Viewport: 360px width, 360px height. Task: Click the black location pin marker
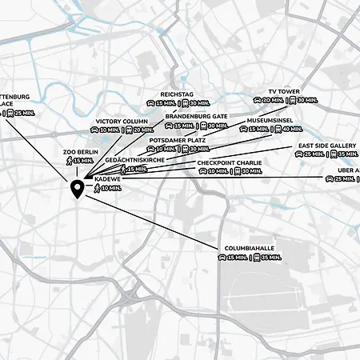(77, 190)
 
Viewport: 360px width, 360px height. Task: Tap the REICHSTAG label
(178, 94)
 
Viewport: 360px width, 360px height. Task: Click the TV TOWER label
(284, 91)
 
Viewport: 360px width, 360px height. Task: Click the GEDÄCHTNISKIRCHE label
(139, 160)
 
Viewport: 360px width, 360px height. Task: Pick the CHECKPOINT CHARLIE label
(228, 162)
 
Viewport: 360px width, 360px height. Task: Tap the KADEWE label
(107, 179)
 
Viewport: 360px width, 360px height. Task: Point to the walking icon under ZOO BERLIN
(69, 160)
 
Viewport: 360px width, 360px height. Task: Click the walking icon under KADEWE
(97, 188)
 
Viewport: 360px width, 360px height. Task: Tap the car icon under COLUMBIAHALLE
(221, 258)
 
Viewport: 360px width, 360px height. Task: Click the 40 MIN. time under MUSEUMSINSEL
(292, 129)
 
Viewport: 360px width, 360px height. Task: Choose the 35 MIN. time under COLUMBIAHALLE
(270, 258)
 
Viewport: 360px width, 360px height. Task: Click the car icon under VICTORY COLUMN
(94, 130)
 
